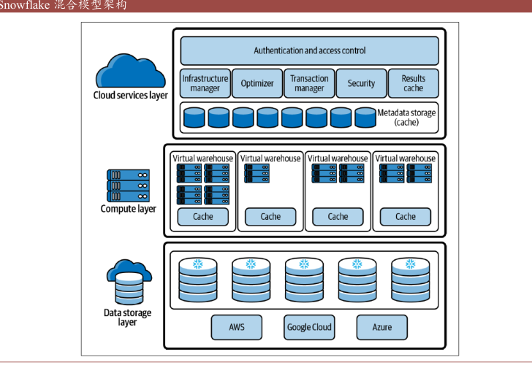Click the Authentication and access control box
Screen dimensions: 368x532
click(x=309, y=51)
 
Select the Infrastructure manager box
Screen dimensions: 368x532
click(x=205, y=83)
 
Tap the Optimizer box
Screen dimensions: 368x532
click(x=257, y=83)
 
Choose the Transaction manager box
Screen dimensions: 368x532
click(x=309, y=83)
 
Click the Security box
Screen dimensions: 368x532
click(x=361, y=83)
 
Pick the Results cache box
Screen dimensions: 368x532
click(x=413, y=83)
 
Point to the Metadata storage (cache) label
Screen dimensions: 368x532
click(x=406, y=118)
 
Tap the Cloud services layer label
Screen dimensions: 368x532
click(x=131, y=95)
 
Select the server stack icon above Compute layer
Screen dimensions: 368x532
click(x=128, y=185)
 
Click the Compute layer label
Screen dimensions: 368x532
click(x=129, y=209)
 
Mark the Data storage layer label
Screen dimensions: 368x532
click(x=128, y=318)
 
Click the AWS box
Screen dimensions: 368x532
click(x=236, y=327)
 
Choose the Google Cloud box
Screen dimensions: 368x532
click(x=309, y=327)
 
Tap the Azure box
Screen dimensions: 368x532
click(x=381, y=327)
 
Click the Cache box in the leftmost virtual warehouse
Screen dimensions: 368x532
click(x=203, y=216)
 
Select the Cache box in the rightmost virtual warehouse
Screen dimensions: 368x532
click(x=406, y=216)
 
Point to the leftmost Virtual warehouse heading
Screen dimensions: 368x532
click(x=203, y=158)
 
